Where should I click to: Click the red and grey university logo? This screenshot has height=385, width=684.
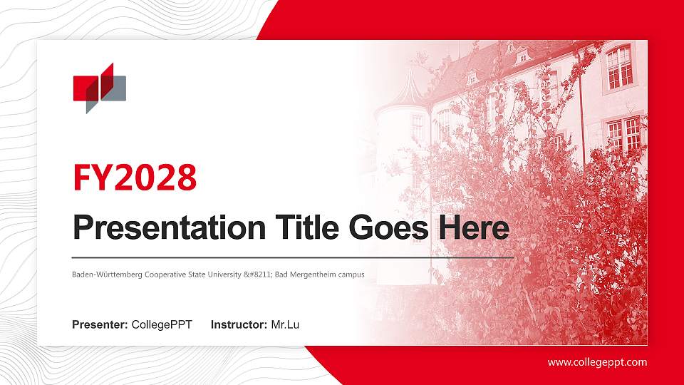pos(99,88)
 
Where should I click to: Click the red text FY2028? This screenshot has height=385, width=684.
pos(135,178)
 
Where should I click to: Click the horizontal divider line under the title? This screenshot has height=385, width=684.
pos(292,257)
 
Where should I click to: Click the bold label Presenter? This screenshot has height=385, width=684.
pos(100,325)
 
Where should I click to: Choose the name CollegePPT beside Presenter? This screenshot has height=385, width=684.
pos(162,325)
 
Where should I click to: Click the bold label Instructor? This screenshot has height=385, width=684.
pos(239,325)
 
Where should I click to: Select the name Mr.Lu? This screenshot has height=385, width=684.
pos(285,325)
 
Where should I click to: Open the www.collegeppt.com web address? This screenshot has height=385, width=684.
pos(597,362)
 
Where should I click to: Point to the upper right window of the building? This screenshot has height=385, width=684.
pos(619,66)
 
